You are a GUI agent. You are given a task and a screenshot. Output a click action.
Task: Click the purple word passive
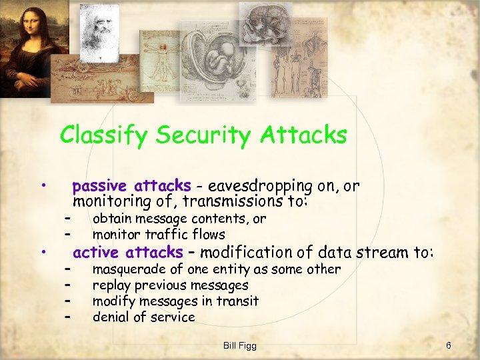tap(101, 185)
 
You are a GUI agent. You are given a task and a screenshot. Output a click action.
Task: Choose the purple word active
tap(97, 252)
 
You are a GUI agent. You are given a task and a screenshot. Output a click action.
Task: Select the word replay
tap(111, 285)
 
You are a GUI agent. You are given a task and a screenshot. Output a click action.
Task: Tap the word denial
tap(111, 317)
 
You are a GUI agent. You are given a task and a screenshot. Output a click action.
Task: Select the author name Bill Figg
tap(240, 345)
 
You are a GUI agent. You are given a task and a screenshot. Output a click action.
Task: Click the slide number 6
tap(449, 345)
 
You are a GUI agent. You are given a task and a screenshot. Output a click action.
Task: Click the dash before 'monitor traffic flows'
tap(67, 235)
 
